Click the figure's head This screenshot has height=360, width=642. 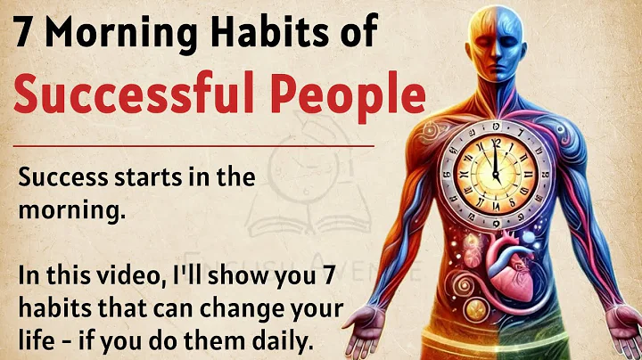[x=494, y=49]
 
